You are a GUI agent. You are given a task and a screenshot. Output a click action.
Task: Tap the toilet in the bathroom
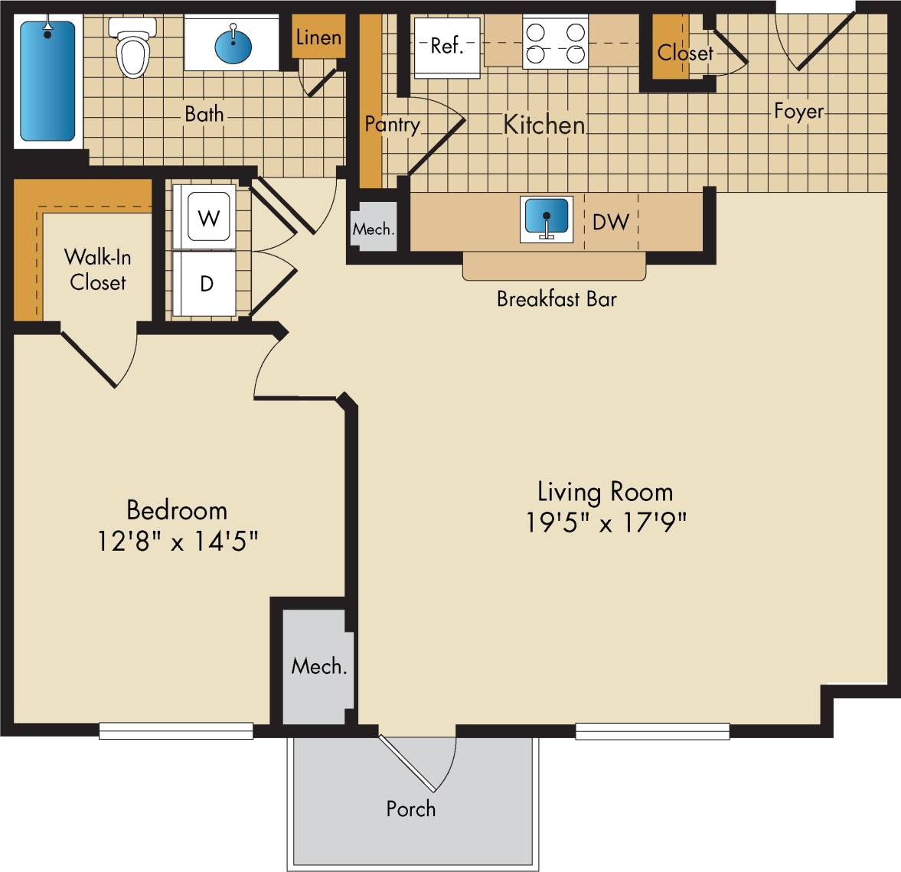point(132,48)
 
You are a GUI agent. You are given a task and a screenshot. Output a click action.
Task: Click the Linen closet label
point(318,37)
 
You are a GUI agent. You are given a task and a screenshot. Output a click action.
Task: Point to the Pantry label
point(392,124)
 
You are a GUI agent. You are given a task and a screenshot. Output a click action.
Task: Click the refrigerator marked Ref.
point(447,47)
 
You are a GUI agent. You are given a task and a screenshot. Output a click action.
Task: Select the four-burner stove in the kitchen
point(556,44)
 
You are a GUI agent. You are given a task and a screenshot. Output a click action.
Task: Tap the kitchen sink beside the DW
point(546,220)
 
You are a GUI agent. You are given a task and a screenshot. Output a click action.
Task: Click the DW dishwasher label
point(611,222)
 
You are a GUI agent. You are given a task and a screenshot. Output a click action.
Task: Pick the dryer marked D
point(207,284)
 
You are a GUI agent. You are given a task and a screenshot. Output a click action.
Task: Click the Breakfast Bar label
point(557,298)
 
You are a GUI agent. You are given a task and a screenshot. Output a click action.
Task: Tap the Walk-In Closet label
point(97,269)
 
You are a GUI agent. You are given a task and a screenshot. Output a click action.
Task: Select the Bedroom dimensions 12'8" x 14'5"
point(177,542)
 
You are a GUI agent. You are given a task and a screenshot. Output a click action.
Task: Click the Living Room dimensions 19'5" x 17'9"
point(606,522)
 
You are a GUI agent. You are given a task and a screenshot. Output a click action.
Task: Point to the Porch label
point(410,809)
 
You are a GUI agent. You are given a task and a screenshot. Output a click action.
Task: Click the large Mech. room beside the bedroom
point(318,666)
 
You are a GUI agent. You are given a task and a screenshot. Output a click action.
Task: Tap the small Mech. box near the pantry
point(374,228)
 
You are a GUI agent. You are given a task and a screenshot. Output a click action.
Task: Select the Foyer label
point(798,112)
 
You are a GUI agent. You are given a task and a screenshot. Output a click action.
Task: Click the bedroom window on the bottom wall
point(176,730)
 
